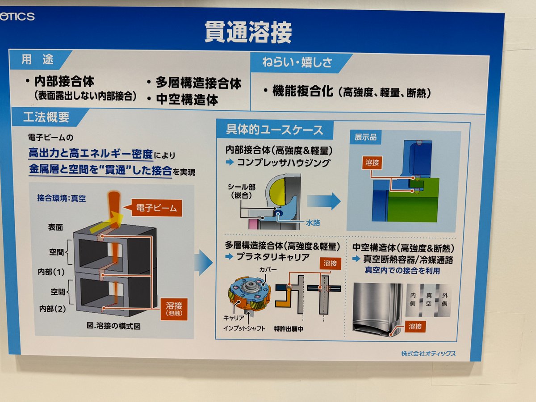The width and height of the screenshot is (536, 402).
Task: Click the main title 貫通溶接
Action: point(248,32)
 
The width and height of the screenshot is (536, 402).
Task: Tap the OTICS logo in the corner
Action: point(17,17)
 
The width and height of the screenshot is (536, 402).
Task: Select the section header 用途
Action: point(38,59)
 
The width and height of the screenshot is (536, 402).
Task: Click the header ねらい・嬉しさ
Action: point(297,62)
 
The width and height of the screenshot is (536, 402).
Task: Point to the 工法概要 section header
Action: point(46,117)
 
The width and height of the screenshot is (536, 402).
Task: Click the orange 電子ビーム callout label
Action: point(157,208)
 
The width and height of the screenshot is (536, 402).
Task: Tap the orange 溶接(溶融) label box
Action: point(174,309)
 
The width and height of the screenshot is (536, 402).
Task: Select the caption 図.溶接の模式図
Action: point(113,326)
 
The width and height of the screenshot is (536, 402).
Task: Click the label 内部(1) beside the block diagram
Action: point(51,272)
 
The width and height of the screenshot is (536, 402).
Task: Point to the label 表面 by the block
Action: point(56,227)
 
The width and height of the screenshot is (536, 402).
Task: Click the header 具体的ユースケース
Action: point(274,130)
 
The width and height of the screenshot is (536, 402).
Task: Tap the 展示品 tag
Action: point(365,137)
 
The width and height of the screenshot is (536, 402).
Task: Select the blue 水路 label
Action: point(313,222)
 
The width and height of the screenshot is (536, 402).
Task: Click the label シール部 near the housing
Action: point(242,187)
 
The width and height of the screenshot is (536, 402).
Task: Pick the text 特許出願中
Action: point(289,329)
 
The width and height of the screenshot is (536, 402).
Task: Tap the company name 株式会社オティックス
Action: point(428,353)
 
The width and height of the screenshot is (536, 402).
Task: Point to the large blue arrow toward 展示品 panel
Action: point(324,201)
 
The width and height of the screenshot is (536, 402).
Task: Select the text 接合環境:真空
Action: point(62,198)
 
